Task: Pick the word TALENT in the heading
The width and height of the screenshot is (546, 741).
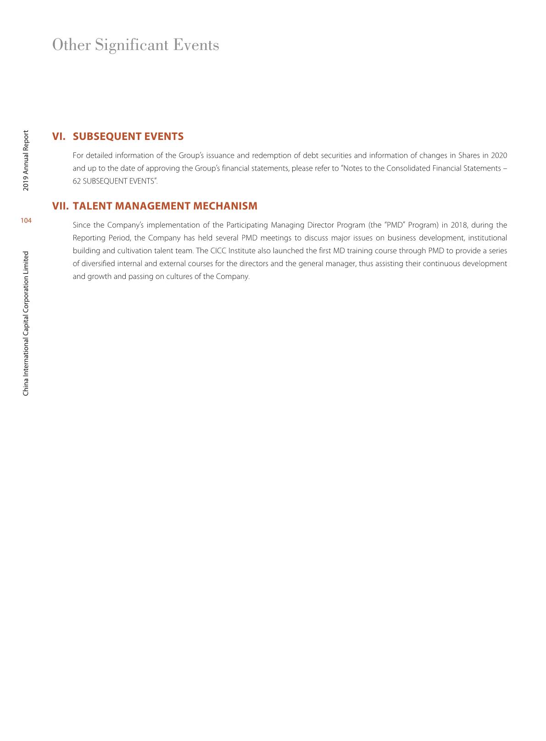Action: pyautogui.click(x=92, y=206)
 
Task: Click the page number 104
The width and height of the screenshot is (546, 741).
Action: pyautogui.click(x=26, y=221)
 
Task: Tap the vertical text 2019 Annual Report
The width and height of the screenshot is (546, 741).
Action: pyautogui.click(x=26, y=160)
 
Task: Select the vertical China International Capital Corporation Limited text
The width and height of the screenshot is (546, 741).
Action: pyautogui.click(x=26, y=323)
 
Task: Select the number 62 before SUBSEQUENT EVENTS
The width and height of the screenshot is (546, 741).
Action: pyautogui.click(x=77, y=181)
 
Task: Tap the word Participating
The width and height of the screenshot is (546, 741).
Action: pyautogui.click(x=247, y=225)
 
